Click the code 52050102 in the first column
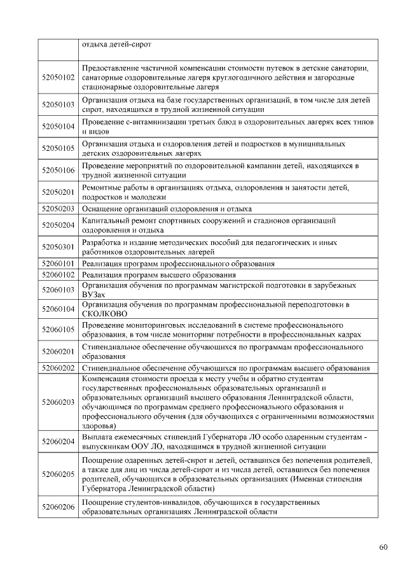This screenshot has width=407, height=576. pyautogui.click(x=59, y=78)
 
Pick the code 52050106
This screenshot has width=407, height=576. pyautogui.click(x=59, y=170)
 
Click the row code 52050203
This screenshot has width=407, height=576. pyautogui.click(x=59, y=209)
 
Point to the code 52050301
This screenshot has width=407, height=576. pyautogui.click(x=59, y=247)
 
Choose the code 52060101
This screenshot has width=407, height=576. pyautogui.click(x=59, y=263)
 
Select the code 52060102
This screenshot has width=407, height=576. pyautogui.click(x=59, y=274)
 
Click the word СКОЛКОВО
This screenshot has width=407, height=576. pyautogui.click(x=105, y=314)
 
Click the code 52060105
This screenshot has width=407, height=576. pyautogui.click(x=59, y=330)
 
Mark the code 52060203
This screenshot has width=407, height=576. pyautogui.click(x=59, y=402)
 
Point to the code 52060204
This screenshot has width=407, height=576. pyautogui.click(x=59, y=441)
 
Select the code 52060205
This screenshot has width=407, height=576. pyautogui.click(x=59, y=474)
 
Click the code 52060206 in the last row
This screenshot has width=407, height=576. pyautogui.click(x=59, y=507)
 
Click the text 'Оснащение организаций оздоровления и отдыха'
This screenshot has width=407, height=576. pyautogui.click(x=167, y=209)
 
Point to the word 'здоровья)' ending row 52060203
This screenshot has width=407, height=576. pyautogui.click(x=99, y=426)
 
